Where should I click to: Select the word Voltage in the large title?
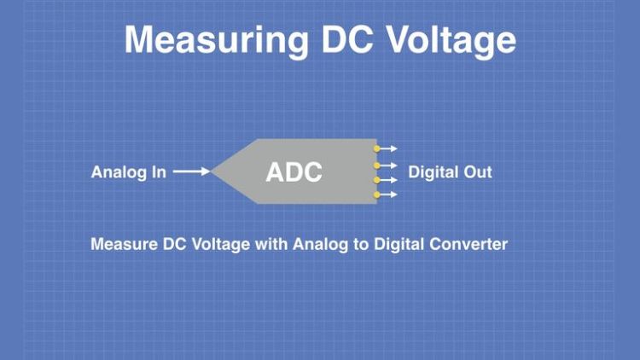tap(453, 40)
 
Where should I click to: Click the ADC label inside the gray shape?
tap(294, 171)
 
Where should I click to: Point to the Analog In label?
tap(128, 172)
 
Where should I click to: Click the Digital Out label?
tap(450, 172)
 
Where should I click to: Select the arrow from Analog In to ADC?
tap(191, 172)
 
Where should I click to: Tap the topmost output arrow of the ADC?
tap(388, 148)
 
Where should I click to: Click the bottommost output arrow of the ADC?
tap(388, 195)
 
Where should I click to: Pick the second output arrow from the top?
tap(388, 165)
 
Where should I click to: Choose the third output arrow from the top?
tap(388, 180)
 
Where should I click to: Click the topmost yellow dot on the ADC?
tap(376, 148)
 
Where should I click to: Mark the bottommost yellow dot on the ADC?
tap(376, 195)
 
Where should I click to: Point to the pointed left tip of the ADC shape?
tap(213, 171)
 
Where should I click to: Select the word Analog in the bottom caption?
tap(316, 245)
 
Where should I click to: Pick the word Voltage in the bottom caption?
tap(222, 245)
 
